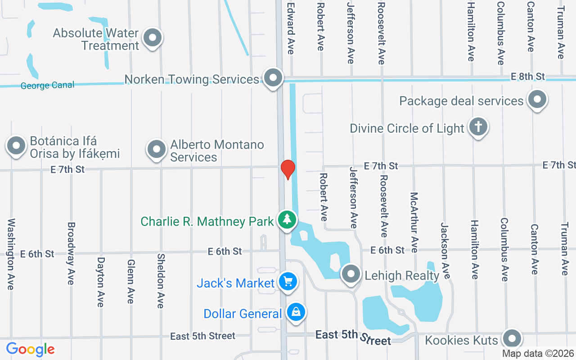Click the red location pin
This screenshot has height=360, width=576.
(288, 169)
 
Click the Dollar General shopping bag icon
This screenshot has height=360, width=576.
(296, 312)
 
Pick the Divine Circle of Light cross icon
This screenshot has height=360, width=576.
(478, 127)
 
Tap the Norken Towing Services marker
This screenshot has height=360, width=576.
(273, 78)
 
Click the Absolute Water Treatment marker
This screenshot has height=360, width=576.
(153, 38)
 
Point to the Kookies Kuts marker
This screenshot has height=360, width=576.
(511, 338)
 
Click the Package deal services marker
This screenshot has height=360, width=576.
(536, 99)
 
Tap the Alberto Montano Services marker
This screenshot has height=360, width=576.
(157, 148)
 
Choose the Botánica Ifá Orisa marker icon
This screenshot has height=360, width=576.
(17, 146)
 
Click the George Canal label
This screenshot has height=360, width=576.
(47, 85)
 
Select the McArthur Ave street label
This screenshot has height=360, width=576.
(414, 223)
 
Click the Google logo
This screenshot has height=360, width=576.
(30, 349)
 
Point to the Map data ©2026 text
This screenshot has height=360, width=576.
(538, 354)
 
